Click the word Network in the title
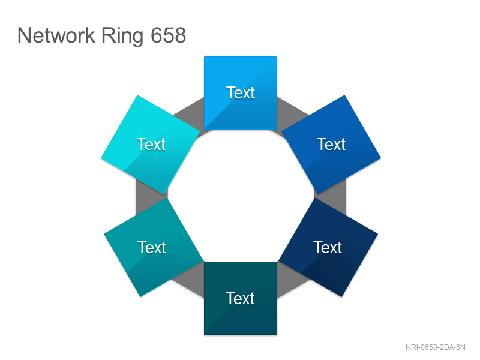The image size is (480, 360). tap(56, 35)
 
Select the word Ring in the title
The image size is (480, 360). tap(122, 37)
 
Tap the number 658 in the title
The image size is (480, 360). tap(169, 35)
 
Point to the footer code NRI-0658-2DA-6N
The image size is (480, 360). tap(436, 347)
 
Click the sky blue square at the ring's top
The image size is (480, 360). tap(241, 93)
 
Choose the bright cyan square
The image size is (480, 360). tap(151, 145)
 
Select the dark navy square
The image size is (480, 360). tap(328, 247)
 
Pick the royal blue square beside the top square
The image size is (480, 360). tap(331, 145)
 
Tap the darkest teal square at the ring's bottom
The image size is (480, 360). tap(241, 298)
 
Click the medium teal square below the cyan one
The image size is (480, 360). tap(154, 247)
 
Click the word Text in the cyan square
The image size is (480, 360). tap(151, 144)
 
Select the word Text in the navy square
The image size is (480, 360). tap(328, 247)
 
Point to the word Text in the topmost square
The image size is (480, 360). tap(241, 92)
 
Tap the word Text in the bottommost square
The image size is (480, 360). tap(240, 298)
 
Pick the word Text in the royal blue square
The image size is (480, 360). tap(331, 144)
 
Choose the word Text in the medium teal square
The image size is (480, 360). tap(152, 247)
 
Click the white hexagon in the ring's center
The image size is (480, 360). tap(241, 196)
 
